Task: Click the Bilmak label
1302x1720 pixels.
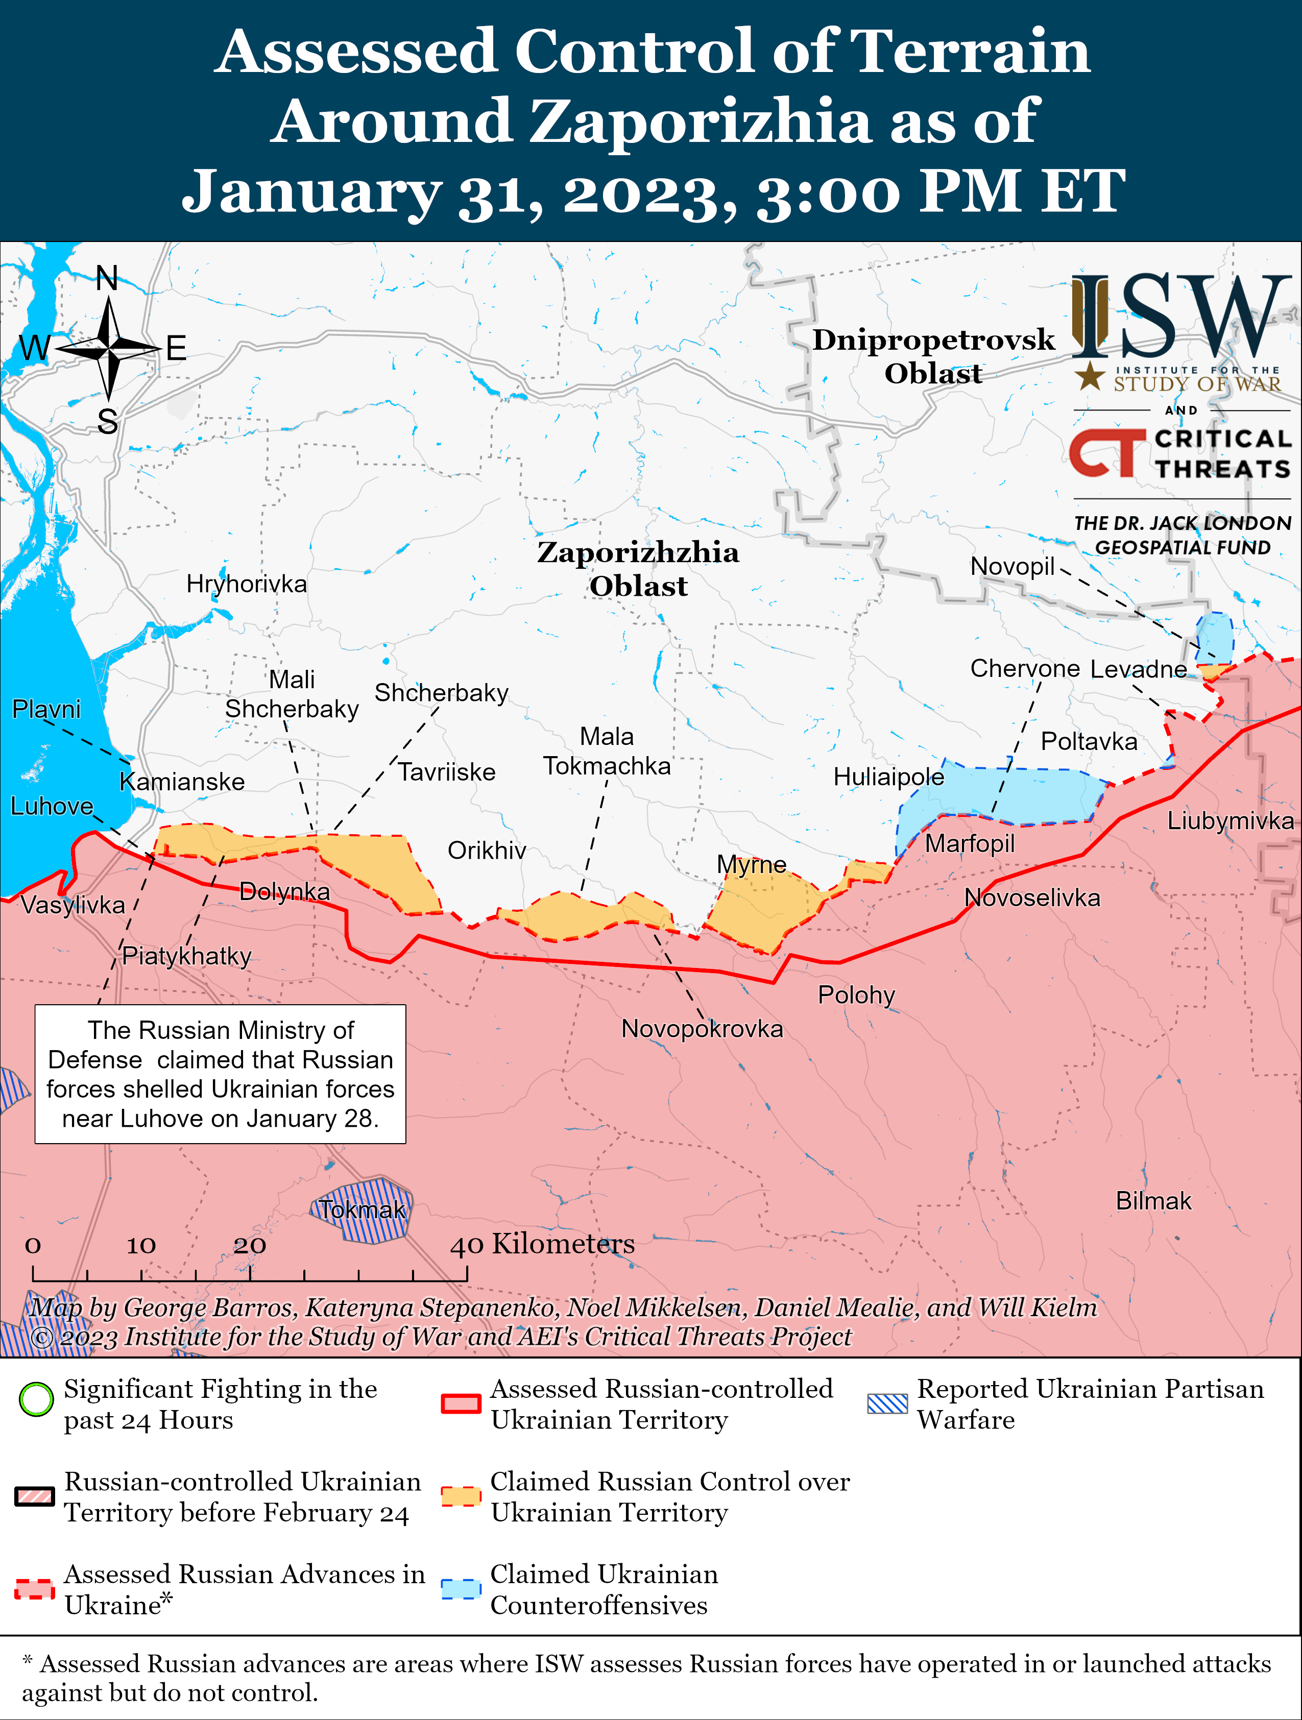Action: tap(1153, 1201)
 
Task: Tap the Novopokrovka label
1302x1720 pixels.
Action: tap(702, 1029)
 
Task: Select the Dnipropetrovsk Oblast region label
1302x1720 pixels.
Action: tap(933, 356)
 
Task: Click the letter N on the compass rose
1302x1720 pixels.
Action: tap(107, 278)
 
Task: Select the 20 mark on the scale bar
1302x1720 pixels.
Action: tap(250, 1245)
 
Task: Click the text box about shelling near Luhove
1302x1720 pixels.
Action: tap(220, 1074)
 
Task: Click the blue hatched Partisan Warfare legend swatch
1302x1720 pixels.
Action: tap(887, 1403)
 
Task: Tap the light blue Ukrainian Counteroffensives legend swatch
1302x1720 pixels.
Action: tap(461, 1589)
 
